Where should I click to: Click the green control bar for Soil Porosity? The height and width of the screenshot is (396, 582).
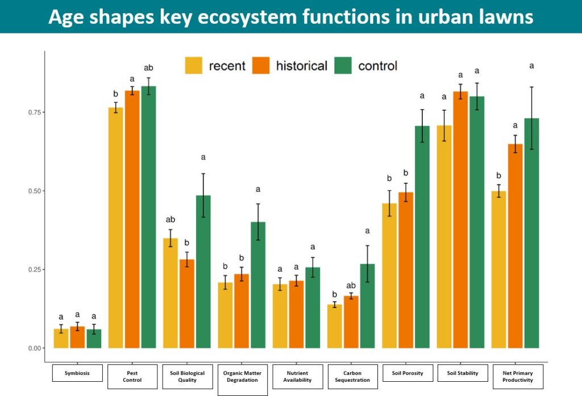pyautogui.click(x=422, y=237)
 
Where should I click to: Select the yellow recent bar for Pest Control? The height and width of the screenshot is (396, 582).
pyautogui.click(x=115, y=228)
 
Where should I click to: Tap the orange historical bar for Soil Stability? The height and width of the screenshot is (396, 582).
pyautogui.click(x=460, y=220)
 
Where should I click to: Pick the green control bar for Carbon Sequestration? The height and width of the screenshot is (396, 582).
pyautogui.click(x=367, y=306)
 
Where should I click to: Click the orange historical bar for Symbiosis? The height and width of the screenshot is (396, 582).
pyautogui.click(x=77, y=337)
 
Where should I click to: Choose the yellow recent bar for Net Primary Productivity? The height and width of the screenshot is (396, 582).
pyautogui.click(x=498, y=269)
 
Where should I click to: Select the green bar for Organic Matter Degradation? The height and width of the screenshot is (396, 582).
pyautogui.click(x=258, y=285)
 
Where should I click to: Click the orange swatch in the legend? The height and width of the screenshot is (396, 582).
pyautogui.click(x=261, y=66)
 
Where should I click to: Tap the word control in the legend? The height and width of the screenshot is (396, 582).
pyautogui.click(x=377, y=66)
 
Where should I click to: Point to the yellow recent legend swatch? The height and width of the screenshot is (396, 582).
pyautogui.click(x=194, y=66)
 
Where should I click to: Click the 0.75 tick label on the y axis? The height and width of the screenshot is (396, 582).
pyautogui.click(x=35, y=112)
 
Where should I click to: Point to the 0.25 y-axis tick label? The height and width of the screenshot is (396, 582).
pyautogui.click(x=35, y=270)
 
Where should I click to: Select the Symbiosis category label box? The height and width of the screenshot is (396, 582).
pyautogui.click(x=77, y=373)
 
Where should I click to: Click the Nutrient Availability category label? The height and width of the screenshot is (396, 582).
pyautogui.click(x=297, y=376)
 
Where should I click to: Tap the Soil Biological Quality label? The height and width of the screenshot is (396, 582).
pyautogui.click(x=188, y=376)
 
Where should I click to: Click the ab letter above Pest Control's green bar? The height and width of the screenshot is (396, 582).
pyautogui.click(x=148, y=68)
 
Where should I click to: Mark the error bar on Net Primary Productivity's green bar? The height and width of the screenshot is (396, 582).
pyautogui.click(x=531, y=118)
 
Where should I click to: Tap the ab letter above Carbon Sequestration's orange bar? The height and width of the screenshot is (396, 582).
pyautogui.click(x=351, y=285)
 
